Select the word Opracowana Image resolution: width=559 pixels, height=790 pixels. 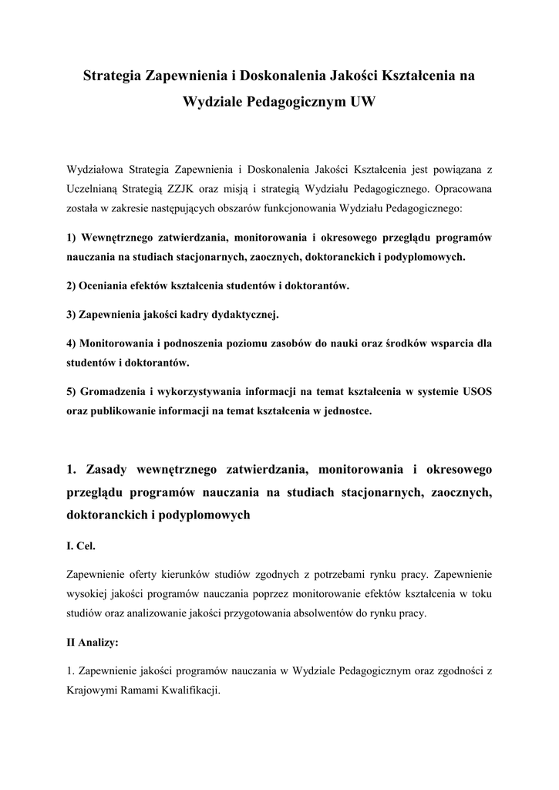pos(464,187)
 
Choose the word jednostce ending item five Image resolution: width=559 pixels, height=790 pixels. pos(346,412)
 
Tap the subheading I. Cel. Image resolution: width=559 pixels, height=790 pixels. pos(82,545)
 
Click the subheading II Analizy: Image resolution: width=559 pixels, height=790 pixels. pos(93,642)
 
